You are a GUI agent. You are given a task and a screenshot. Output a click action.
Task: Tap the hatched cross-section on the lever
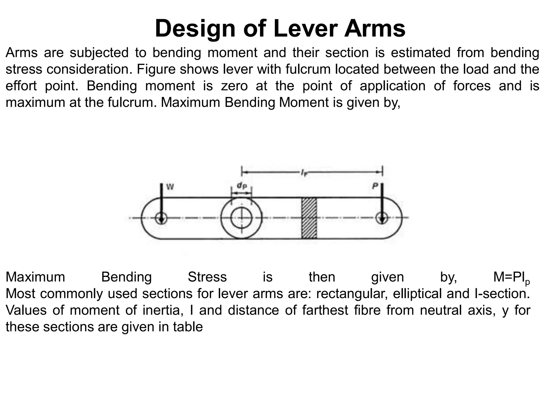click(x=309, y=218)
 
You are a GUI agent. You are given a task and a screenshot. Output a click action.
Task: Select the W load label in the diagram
click(x=170, y=187)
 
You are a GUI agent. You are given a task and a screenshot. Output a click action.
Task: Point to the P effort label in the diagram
click(x=375, y=186)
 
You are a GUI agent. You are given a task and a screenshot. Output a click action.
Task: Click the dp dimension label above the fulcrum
click(x=242, y=186)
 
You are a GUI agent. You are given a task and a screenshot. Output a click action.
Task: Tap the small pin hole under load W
click(x=161, y=218)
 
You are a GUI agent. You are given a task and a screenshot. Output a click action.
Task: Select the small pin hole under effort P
click(x=382, y=218)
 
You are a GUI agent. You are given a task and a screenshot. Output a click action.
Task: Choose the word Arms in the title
click(x=375, y=28)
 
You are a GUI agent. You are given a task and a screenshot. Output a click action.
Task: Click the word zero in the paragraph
click(x=234, y=86)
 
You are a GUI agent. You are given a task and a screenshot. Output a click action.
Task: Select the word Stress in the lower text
click(x=207, y=277)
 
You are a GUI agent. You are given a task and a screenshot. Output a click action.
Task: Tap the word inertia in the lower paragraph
click(x=161, y=310)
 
